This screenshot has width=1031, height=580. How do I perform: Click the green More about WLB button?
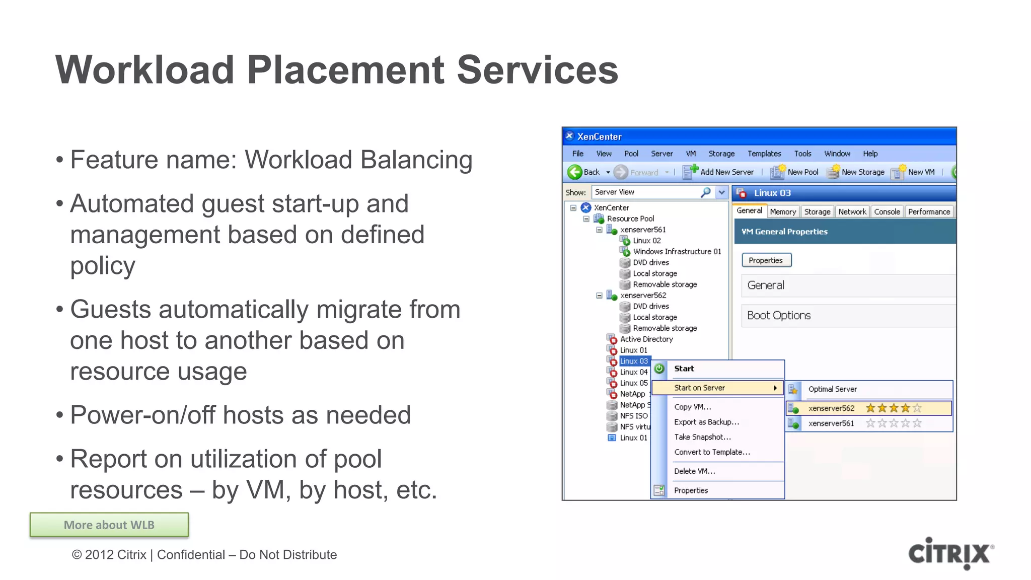109,525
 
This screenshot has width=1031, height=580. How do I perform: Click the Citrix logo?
950,553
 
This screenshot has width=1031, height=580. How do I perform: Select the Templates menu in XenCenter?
764,154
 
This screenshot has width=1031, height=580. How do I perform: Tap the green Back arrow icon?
574,172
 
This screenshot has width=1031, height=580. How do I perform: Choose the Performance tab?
928,212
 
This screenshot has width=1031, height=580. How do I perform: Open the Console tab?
887,212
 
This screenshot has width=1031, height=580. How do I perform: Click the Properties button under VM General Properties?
766,260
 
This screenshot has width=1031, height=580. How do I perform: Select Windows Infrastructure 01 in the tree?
677,251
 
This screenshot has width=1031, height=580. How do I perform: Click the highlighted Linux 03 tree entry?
633,361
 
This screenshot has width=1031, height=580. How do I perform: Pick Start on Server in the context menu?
699,388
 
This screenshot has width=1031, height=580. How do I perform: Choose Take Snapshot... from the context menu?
702,437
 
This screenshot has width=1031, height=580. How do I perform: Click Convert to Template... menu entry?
712,452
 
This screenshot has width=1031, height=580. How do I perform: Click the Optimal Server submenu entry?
832,389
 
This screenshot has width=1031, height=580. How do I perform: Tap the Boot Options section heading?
778,316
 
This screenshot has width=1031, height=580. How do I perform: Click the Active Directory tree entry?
646,339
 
